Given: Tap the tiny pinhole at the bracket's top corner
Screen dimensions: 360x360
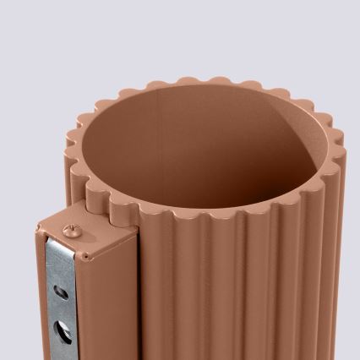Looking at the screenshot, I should (x=86, y=254).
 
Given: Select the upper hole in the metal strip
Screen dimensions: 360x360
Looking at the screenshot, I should (x=58, y=291).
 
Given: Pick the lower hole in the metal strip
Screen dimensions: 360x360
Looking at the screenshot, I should (x=59, y=326).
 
